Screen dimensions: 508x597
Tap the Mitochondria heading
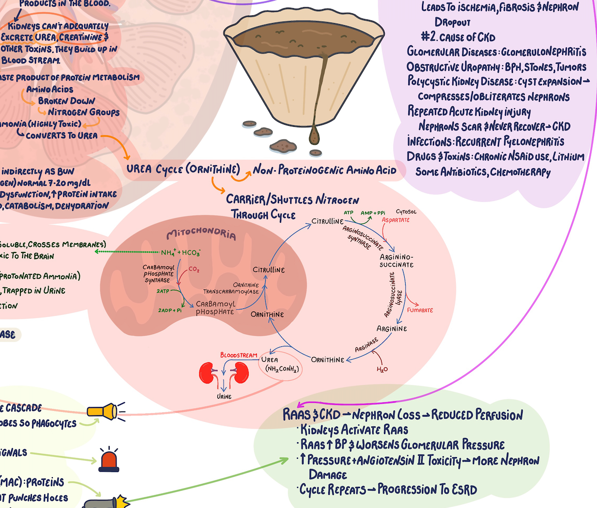coord(202,236)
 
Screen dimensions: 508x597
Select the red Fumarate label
coord(420,310)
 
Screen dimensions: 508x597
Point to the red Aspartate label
coord(395,220)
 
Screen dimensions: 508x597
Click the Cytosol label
coord(405,211)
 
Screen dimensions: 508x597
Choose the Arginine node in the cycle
coord(391,328)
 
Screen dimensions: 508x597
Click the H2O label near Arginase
coord(382,369)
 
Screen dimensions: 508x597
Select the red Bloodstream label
coord(238,355)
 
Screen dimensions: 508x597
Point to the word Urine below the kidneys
coord(223,397)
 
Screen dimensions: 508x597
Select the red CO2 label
coord(194,269)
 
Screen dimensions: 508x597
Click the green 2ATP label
coord(163,290)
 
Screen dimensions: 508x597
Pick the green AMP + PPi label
coord(373,212)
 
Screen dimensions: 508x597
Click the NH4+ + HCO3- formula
coord(181,252)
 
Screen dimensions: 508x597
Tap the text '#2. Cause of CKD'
coord(457,37)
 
